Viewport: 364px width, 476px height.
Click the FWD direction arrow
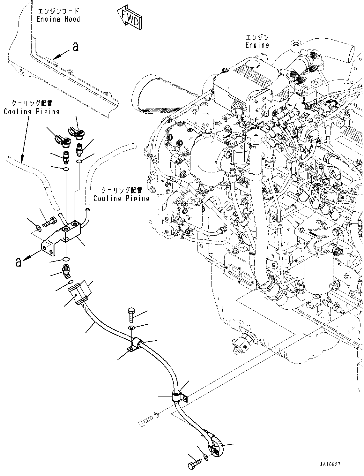(x=130, y=18)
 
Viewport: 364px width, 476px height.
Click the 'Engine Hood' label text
(x=58, y=16)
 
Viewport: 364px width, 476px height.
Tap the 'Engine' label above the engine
(x=257, y=42)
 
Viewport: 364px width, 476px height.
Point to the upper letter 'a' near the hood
(x=75, y=47)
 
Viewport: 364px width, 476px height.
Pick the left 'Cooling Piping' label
(x=32, y=107)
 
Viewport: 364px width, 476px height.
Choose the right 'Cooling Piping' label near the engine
(x=121, y=194)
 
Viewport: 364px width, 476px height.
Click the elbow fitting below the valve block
(x=66, y=272)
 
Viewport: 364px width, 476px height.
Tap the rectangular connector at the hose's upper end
(x=78, y=292)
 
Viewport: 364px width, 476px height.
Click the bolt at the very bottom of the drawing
(x=195, y=461)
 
